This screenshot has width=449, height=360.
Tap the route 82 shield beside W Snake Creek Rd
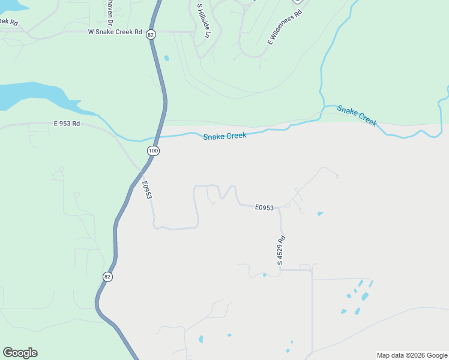(x=149, y=35)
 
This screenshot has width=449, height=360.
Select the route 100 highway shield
(x=154, y=151)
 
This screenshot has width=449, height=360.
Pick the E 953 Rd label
(x=67, y=124)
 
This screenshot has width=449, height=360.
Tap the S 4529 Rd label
(x=281, y=251)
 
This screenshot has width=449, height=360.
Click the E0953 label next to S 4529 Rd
(x=264, y=208)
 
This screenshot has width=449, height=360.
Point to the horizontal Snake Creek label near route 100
(x=224, y=136)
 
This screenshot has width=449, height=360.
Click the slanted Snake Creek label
(x=357, y=115)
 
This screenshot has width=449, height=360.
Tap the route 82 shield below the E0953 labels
(x=107, y=277)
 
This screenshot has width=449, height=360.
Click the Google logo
(x=20, y=353)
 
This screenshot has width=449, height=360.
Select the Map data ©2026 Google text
(x=412, y=355)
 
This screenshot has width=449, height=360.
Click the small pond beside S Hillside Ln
(x=166, y=58)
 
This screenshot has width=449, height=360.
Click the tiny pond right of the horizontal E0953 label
(x=320, y=214)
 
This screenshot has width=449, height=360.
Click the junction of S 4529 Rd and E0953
(x=279, y=209)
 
